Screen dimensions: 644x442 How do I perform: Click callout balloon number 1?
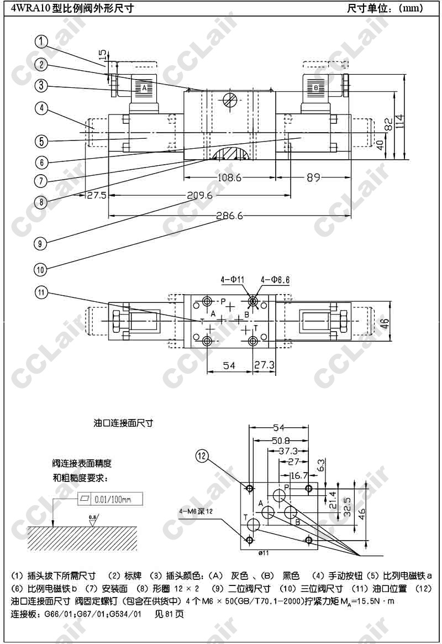click(x=42, y=41)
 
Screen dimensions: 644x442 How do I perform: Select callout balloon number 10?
click(x=41, y=270)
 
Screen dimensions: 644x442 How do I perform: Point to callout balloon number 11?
click(x=42, y=292)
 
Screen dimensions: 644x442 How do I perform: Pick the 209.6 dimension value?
click(x=199, y=195)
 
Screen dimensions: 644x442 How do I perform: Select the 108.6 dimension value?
click(x=229, y=177)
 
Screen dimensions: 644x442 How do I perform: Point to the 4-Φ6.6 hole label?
click(x=274, y=280)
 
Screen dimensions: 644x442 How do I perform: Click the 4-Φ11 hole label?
click(x=233, y=280)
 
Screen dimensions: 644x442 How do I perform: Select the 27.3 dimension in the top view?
click(x=265, y=365)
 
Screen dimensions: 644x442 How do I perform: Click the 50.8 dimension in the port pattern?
click(x=281, y=441)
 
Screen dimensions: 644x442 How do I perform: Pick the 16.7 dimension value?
click(x=298, y=475)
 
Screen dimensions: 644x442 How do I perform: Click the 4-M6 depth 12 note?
click(x=196, y=510)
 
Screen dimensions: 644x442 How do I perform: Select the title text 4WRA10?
click(x=33, y=8)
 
